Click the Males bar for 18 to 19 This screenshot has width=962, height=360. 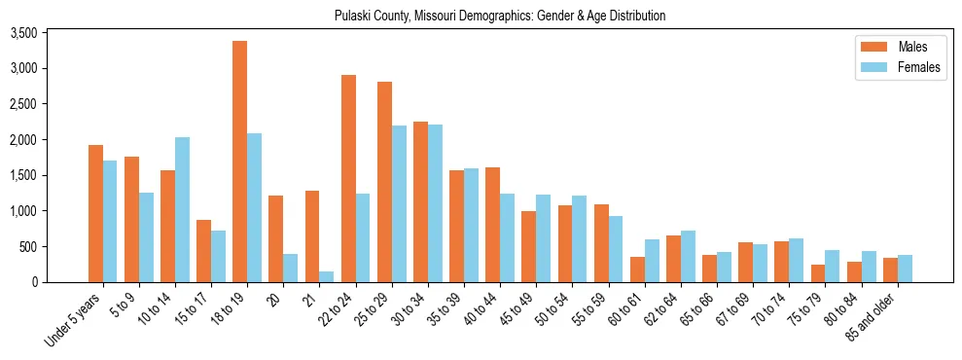pos(239,162)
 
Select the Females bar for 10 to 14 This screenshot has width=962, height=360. pos(182,209)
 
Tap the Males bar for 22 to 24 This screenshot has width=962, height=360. pos(348,178)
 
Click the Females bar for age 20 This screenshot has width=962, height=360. pos(290,268)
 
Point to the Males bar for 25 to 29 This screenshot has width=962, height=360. pos(384,182)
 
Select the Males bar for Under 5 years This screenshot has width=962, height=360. pos(95,213)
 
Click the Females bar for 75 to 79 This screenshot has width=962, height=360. pos(831,266)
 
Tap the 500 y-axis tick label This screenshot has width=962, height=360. pos(55,246)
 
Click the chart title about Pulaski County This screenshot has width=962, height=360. pos(499,17)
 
